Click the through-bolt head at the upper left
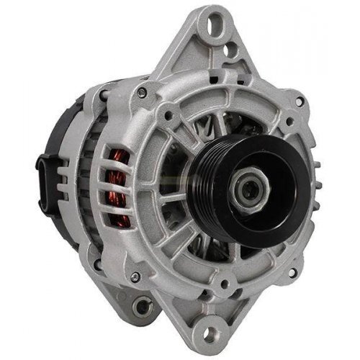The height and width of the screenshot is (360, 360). click(x=143, y=92)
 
